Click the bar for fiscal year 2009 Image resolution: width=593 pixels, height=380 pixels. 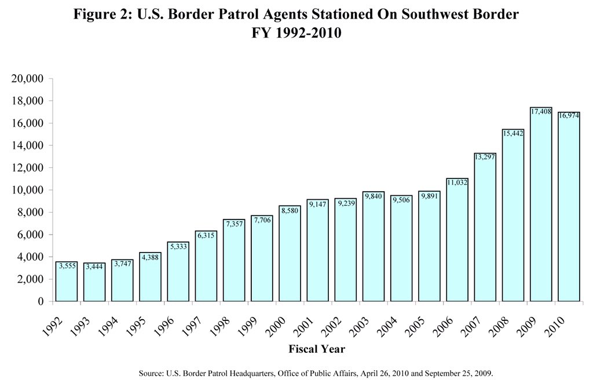541,204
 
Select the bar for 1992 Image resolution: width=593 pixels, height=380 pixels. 67,282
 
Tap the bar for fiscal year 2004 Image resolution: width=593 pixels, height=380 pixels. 401,249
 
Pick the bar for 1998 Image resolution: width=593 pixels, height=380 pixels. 234,261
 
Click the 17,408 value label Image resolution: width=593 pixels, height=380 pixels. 541,112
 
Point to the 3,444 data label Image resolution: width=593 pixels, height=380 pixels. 94,267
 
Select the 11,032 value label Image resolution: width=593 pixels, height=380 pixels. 457,182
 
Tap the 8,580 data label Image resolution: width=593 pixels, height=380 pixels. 290,210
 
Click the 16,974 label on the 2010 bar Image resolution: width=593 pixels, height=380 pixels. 569,116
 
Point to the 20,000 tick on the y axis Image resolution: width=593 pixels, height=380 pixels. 28,79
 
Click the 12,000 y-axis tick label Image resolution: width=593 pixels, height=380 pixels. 28,167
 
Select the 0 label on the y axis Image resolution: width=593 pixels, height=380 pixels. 41,301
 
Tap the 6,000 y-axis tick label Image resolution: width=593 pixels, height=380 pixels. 31,235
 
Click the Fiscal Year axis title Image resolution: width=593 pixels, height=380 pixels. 317,349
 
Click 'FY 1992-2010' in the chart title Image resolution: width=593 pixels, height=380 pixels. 296,32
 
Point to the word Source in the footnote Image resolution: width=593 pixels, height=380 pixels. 151,374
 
